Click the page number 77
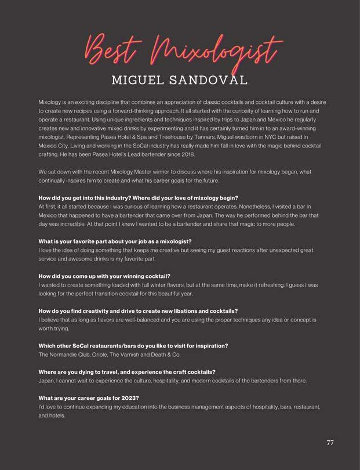(x=330, y=443)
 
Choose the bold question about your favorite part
(x=115, y=241)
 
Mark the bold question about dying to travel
(x=127, y=372)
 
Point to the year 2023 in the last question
(x=130, y=398)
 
